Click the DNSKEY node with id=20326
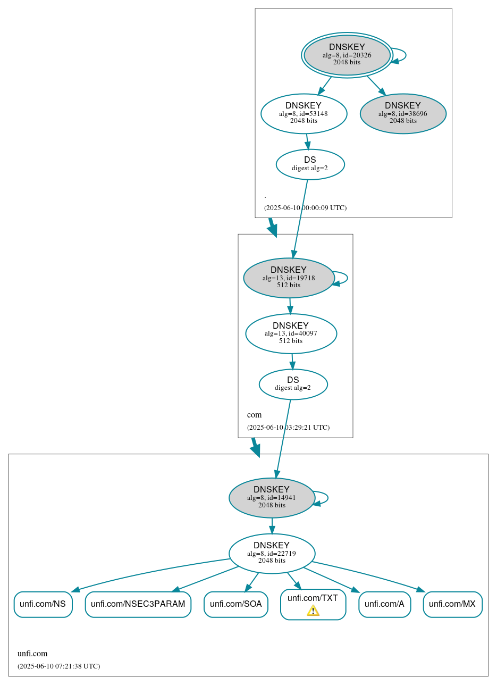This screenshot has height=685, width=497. coord(347,55)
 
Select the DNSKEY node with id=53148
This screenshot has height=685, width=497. coord(304,113)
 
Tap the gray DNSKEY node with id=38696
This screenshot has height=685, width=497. coord(403,113)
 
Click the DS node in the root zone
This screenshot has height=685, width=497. coord(310,164)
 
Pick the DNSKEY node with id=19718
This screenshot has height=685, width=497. coord(289,278)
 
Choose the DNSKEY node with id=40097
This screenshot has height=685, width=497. coord(291,333)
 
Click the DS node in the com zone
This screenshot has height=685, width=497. coord(293,384)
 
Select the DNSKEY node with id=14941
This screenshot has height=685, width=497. coord(272,498)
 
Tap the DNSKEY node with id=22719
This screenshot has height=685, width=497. coord(272,554)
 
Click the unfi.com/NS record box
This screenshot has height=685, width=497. coord(43,604)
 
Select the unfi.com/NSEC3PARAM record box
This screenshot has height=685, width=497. coord(138,604)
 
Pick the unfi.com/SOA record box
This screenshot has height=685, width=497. coord(235,604)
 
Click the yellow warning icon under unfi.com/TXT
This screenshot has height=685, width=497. coord(313,611)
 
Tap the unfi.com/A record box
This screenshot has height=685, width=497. coord(384,604)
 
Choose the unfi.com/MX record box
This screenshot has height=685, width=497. coord(452,604)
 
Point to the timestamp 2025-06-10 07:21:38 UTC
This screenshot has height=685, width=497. coord(58,666)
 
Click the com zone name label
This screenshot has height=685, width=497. coord(254,415)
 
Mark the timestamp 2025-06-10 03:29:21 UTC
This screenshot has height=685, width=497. coord(288,428)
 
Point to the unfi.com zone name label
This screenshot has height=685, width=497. coord(32,654)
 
